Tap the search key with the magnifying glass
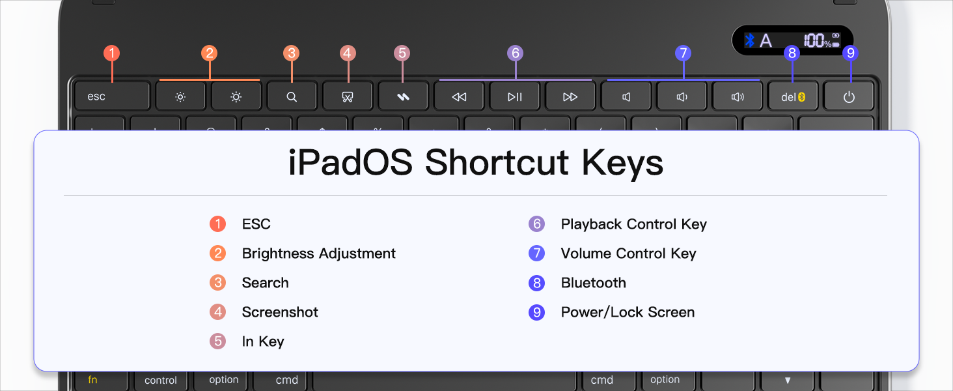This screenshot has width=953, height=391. coord(292,96)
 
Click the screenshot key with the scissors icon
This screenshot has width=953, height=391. coord(347,96)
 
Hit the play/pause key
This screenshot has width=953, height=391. coord(514,96)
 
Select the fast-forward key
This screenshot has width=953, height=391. coord(570,96)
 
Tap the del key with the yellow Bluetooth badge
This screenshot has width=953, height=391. coord(793,96)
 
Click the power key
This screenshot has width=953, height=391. coord(849,96)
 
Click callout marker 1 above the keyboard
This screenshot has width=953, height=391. coord(112,53)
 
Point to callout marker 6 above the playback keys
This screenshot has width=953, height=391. coord(515,53)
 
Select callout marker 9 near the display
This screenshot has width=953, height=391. coord(850,53)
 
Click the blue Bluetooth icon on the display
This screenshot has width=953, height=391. coord(750,40)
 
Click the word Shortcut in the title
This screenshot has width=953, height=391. coord(497,162)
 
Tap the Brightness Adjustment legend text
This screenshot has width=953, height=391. coord(319,253)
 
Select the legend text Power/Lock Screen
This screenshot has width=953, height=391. coord(628,312)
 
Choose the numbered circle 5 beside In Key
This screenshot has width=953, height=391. coord(218,341)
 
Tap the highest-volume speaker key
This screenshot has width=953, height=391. coord(738,96)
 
